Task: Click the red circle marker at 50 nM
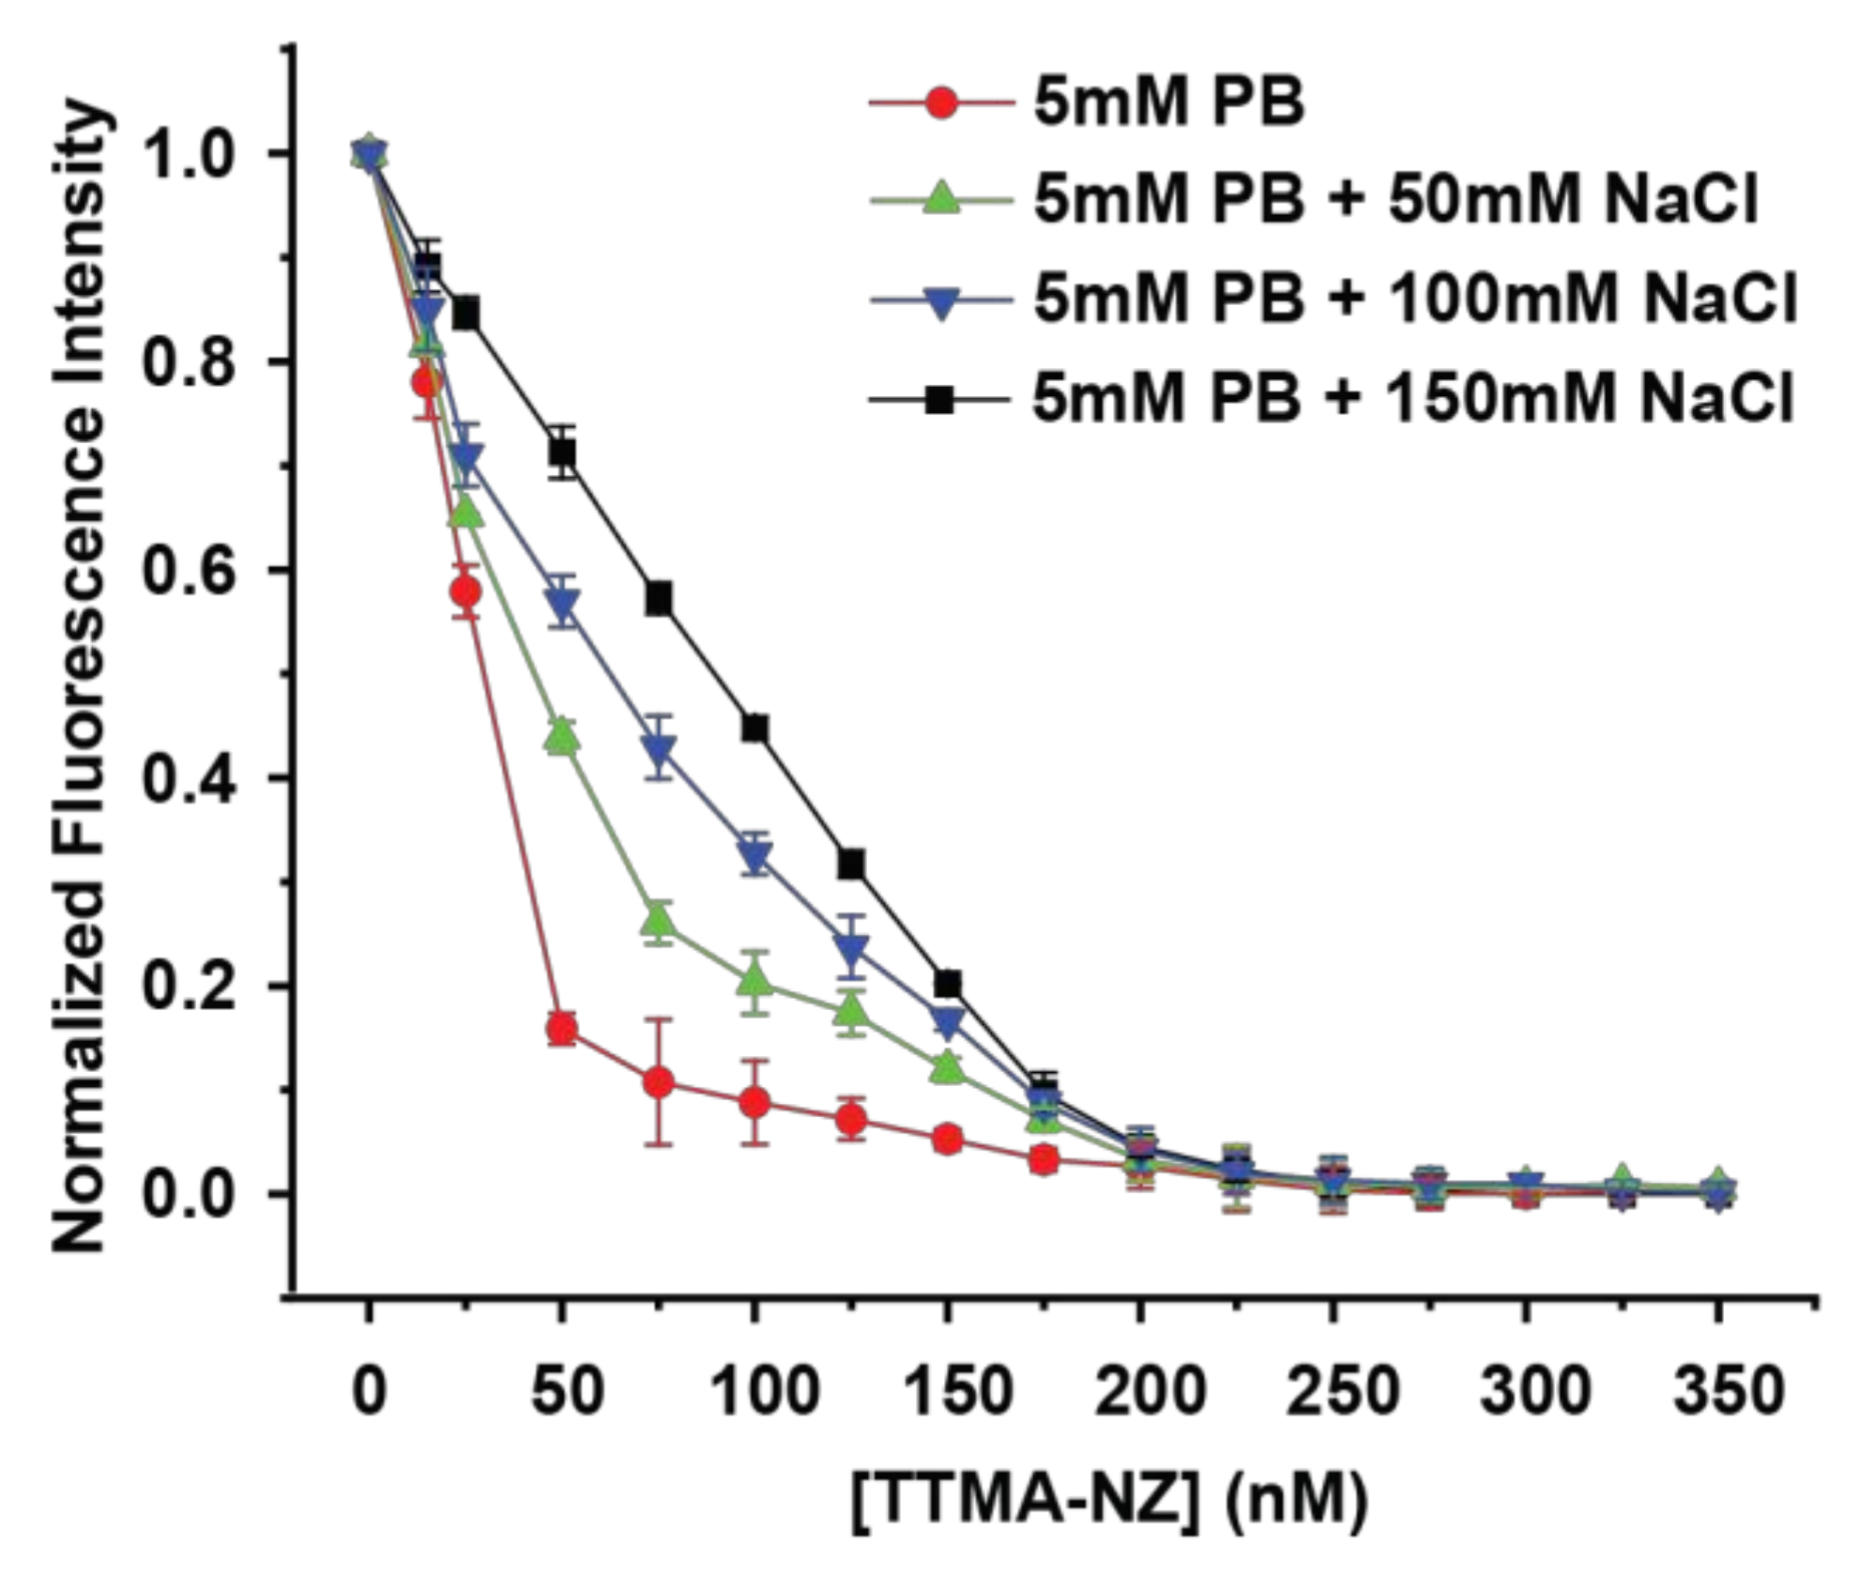point(562,1030)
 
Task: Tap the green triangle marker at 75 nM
point(660,923)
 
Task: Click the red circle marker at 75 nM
point(660,1082)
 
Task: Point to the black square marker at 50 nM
point(562,452)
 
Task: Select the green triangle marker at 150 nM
point(948,1067)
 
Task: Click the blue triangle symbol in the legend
point(941,302)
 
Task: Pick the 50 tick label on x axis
point(564,1391)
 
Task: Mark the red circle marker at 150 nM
point(948,1139)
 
